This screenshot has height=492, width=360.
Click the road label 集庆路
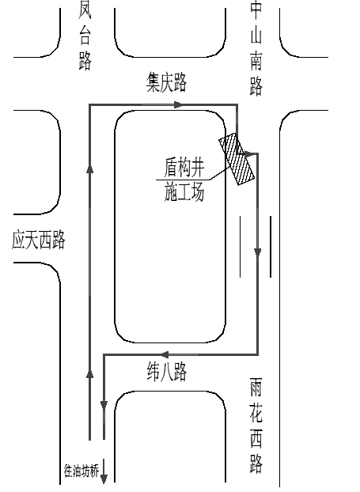coord(166,82)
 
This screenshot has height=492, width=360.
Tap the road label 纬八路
coord(167,372)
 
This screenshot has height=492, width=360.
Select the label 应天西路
coord(38,240)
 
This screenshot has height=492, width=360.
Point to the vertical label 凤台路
coord(85,35)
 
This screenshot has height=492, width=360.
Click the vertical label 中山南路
coord(256,48)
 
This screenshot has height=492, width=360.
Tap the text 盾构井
coord(184,168)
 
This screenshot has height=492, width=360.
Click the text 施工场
coord(184,191)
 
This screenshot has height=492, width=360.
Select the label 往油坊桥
coord(81,471)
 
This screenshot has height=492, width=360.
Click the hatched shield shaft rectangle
coord(237,159)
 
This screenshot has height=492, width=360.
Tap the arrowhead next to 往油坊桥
coord(104,479)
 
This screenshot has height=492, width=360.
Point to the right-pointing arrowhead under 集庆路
coord(178,104)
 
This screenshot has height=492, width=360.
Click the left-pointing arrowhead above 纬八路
coord(165,355)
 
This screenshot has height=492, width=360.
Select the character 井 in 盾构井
coord(198,168)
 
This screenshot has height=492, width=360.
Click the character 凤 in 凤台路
coord(85,9)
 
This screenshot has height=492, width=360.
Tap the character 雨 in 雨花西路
coord(256,388)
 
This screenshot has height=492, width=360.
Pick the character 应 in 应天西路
coord(18,240)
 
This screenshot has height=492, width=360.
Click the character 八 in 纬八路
coord(167,372)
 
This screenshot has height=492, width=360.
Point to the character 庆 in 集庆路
coord(167,82)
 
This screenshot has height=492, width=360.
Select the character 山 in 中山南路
coord(256,35)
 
